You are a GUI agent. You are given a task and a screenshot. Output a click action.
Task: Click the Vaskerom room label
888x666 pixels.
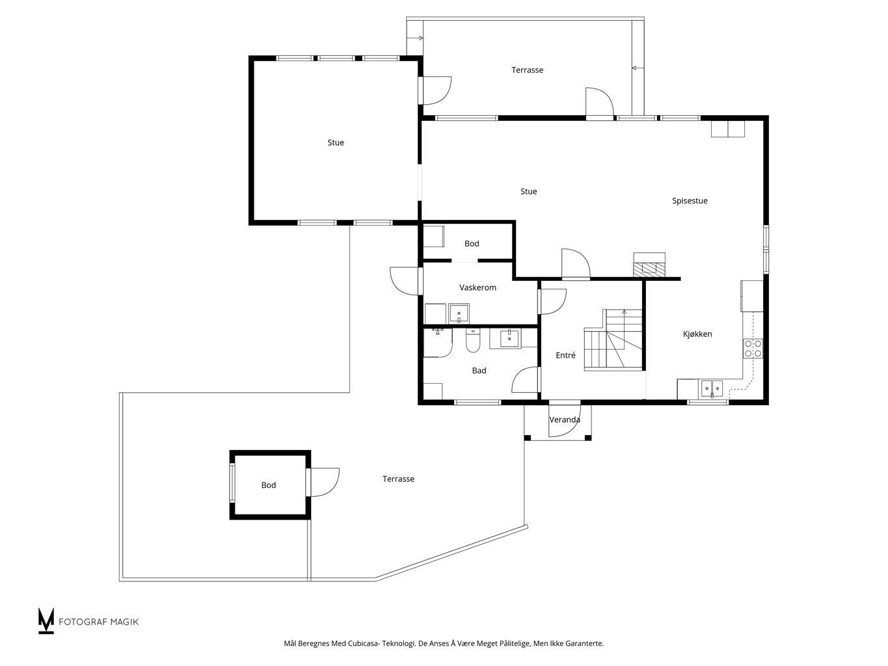click(478, 287)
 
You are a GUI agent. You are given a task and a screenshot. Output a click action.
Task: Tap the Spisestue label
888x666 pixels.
click(690, 201)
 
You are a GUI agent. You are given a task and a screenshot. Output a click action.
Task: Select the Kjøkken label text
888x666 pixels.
click(697, 334)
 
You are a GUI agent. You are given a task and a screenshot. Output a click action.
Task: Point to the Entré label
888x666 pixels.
click(565, 355)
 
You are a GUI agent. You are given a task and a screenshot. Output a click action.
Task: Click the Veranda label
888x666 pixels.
click(565, 420)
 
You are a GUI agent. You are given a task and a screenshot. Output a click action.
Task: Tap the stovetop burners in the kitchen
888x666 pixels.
click(753, 349)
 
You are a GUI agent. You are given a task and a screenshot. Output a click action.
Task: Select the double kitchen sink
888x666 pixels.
click(712, 389)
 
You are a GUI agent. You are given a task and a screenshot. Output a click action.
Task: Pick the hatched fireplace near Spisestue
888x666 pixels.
click(649, 269)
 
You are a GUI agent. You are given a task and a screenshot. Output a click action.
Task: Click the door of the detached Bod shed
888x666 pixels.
click(323, 481)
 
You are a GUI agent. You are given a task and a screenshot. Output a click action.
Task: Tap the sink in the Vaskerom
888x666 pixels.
click(459, 313)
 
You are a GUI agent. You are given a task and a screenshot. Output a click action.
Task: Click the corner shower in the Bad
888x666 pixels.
click(437, 343)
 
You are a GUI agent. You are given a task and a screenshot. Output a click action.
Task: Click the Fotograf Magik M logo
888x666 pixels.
click(46, 620)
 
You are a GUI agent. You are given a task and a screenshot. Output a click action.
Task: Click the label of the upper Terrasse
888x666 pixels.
click(527, 70)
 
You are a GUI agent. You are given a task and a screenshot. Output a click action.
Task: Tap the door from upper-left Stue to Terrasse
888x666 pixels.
click(435, 90)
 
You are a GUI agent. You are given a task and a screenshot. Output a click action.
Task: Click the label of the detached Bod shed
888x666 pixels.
click(268, 485)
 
